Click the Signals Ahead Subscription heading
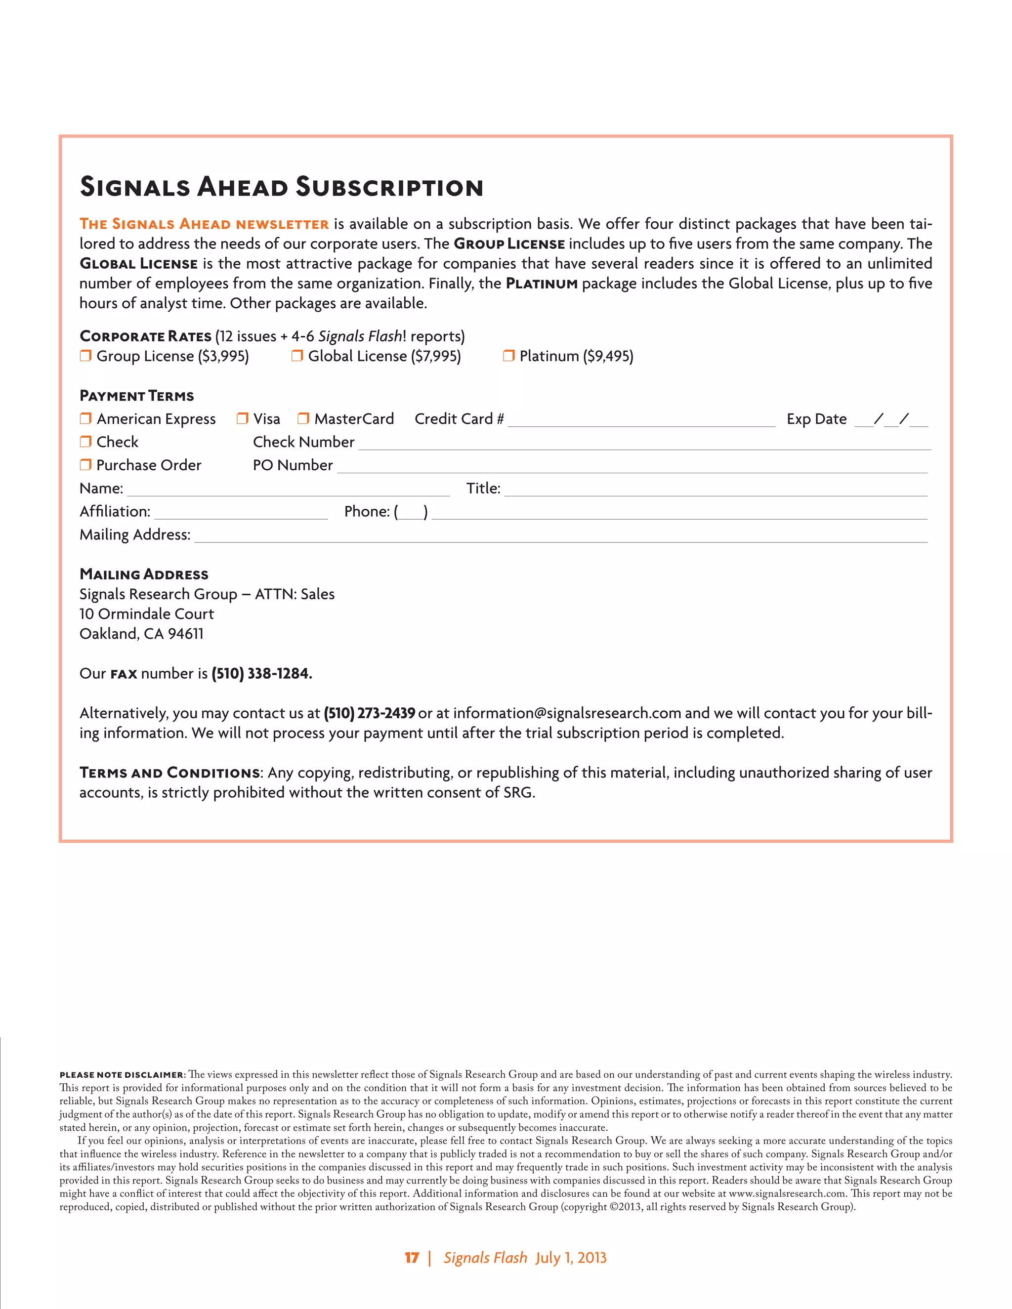coord(281,186)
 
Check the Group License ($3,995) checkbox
coord(85,356)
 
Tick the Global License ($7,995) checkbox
coord(297,356)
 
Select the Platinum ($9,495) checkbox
coord(508,356)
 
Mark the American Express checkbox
coord(85,418)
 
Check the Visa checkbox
coord(242,418)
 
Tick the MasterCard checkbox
coord(303,418)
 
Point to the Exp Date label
coord(816,419)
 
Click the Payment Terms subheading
coord(137,396)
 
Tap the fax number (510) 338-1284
coord(261,673)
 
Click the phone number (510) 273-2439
coord(369,713)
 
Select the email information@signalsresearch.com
coord(567,713)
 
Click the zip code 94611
coord(185,634)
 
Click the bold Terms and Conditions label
coord(169,773)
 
